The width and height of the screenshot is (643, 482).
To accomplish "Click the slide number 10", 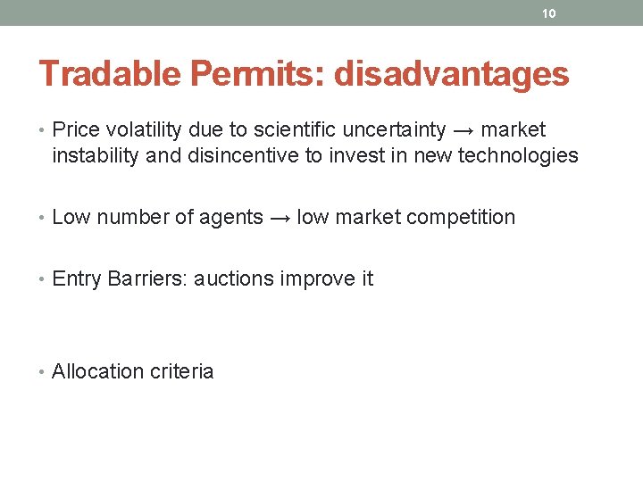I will point(548,13).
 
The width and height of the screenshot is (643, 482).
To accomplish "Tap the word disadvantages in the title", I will point(451,74).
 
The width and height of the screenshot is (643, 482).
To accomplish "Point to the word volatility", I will point(140,130).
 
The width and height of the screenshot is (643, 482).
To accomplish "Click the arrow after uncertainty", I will point(465,130).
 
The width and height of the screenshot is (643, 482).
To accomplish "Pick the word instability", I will point(95,156).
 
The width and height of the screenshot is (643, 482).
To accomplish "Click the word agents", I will point(232,217).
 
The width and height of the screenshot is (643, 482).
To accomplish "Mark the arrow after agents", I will point(280,217).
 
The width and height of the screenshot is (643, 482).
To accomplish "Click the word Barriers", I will point(141,278).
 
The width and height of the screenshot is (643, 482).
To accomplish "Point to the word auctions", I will point(234,278).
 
